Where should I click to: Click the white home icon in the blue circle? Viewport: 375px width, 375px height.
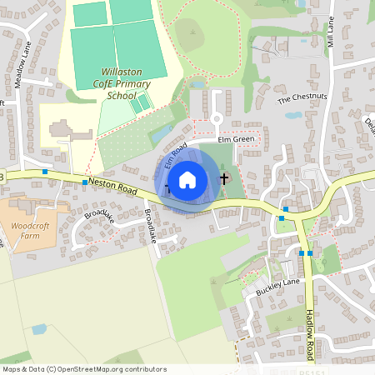187,179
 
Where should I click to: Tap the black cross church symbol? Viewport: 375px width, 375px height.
223,177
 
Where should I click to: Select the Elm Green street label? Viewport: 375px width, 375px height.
234,140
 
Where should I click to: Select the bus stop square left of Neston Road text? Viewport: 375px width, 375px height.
85,181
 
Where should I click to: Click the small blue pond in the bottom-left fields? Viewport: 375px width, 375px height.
39,328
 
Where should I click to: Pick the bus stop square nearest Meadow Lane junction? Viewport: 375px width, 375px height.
45,171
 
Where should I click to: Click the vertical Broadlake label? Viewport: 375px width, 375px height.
150,225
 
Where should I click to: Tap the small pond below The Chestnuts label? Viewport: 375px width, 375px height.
292,115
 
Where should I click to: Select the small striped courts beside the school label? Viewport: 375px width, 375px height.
141,104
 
